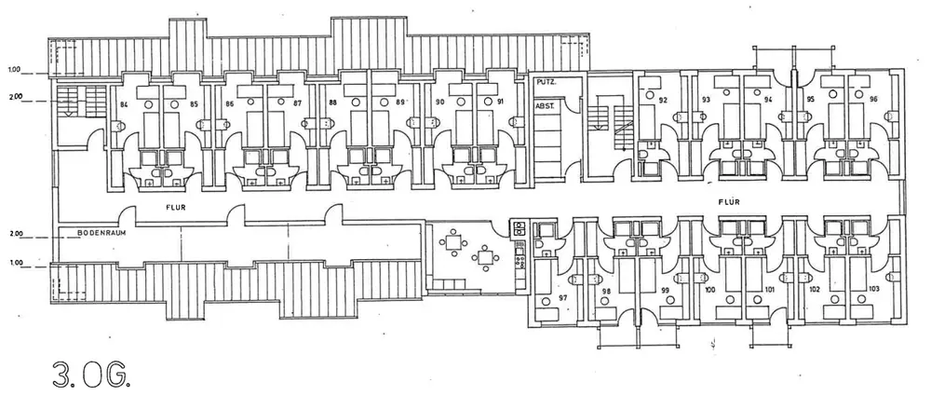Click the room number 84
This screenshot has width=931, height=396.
coord(123,104)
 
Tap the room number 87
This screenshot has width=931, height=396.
coord(297,102)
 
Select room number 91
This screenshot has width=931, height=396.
coord(501,102)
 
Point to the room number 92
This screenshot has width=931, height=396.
coord(663,100)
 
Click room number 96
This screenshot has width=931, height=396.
coord(873,99)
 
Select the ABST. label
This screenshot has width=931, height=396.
coord(546,105)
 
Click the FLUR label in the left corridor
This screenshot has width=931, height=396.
coord(169,210)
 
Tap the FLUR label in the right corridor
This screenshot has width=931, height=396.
coord(730,200)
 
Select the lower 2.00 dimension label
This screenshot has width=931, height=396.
coord(14,234)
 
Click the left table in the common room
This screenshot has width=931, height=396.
coord(453,242)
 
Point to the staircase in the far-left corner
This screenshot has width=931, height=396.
coord(70,101)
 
